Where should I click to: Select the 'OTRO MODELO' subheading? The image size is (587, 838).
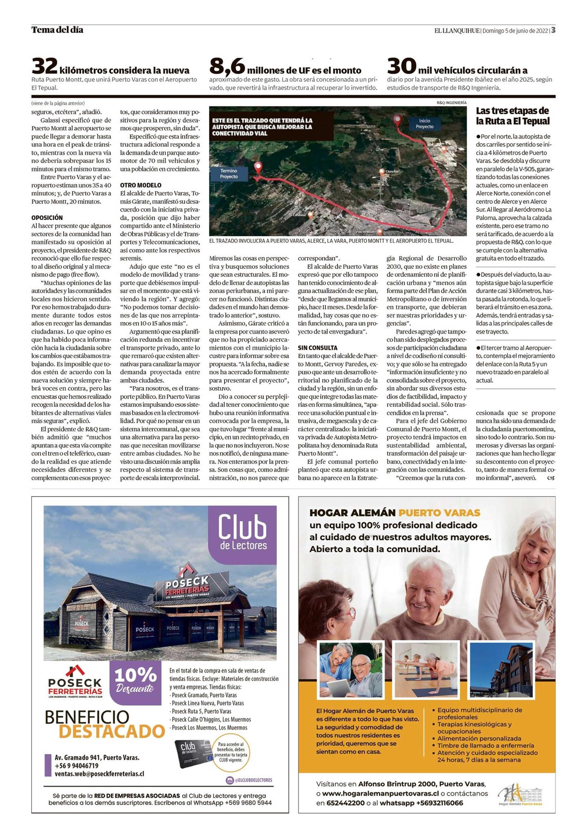pyautogui.click(x=141, y=185)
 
